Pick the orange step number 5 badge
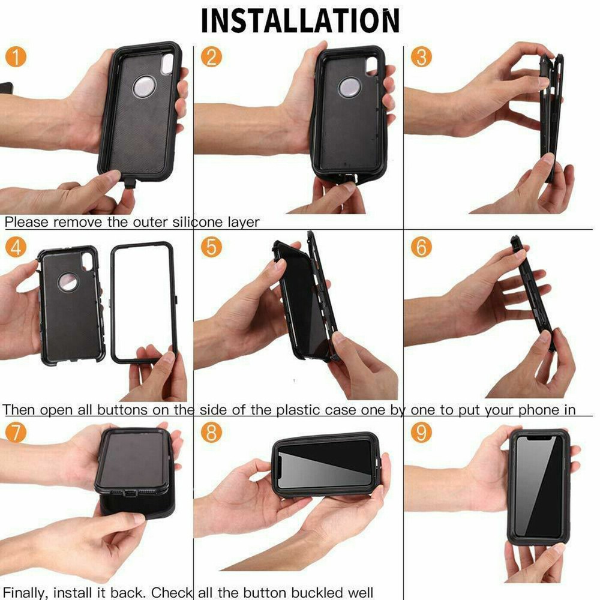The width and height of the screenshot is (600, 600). tap(211, 247)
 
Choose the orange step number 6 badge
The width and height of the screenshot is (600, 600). tap(421, 247)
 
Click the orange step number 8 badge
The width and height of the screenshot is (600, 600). tap(211, 432)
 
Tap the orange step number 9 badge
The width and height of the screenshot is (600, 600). tap(421, 432)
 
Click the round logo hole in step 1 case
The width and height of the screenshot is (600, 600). tap(144, 87)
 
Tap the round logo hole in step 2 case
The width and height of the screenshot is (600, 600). tap(349, 88)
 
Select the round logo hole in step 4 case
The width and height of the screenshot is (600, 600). tap(68, 282)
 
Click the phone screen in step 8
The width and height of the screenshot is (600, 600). tap(324, 465)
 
